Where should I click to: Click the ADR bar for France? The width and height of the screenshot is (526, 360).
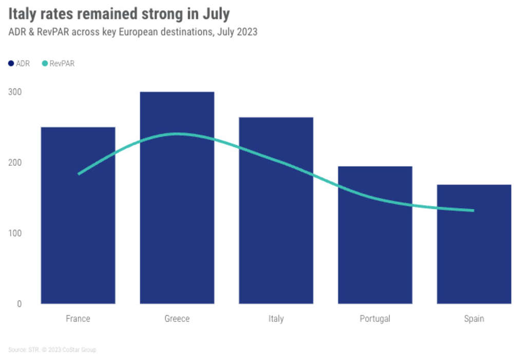click(x=78, y=231)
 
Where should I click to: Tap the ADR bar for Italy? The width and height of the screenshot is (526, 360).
click(x=276, y=226)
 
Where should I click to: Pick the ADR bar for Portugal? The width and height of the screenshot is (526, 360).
click(x=375, y=247)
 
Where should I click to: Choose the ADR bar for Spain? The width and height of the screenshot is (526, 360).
click(x=474, y=257)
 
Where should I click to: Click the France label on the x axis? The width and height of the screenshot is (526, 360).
click(x=78, y=318)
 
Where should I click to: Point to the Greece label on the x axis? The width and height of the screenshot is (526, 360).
click(x=177, y=318)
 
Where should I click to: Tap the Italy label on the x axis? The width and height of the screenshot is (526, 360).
click(x=276, y=318)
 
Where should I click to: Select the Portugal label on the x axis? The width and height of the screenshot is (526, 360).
click(x=375, y=318)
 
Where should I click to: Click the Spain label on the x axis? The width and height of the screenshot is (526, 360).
click(x=474, y=318)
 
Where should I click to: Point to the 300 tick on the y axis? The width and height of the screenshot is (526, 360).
click(x=15, y=92)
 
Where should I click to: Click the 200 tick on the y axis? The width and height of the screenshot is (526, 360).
click(x=15, y=162)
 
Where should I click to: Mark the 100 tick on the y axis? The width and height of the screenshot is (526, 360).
click(x=15, y=233)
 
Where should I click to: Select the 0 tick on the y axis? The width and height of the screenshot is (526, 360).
click(x=19, y=304)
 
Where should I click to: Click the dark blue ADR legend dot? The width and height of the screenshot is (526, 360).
click(x=11, y=64)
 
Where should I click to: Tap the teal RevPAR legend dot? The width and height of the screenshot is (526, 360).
click(x=44, y=64)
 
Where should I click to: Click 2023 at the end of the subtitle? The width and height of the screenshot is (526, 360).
click(x=247, y=32)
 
